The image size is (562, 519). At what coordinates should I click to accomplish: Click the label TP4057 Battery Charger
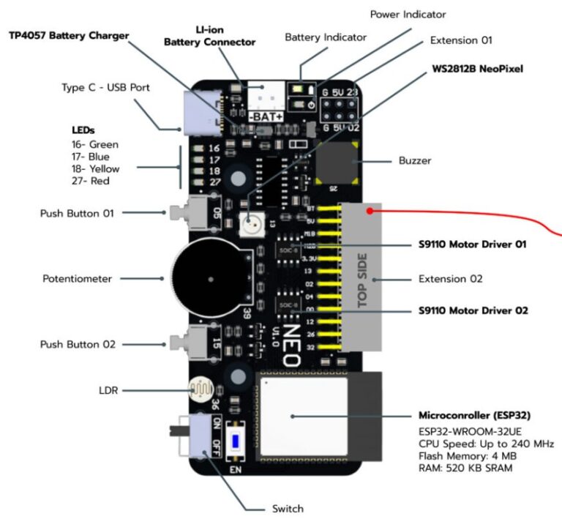[x=69, y=35]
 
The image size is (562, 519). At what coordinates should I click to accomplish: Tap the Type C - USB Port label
[x=105, y=88]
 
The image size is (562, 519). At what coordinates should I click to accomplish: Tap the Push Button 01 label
[x=78, y=213]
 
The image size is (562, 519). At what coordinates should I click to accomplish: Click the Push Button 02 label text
[x=78, y=343]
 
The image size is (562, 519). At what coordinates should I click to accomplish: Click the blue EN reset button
[x=236, y=441]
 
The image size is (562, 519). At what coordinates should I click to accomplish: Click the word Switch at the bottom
[x=287, y=508]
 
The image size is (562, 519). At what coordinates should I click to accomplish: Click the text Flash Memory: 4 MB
[x=465, y=455]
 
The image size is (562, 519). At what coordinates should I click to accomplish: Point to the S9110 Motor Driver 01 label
[x=473, y=244]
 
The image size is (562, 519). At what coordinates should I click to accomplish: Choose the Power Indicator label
[x=408, y=14]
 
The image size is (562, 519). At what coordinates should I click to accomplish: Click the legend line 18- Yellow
[x=95, y=168]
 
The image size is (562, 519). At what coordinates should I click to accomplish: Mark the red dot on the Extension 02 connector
[x=372, y=212]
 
